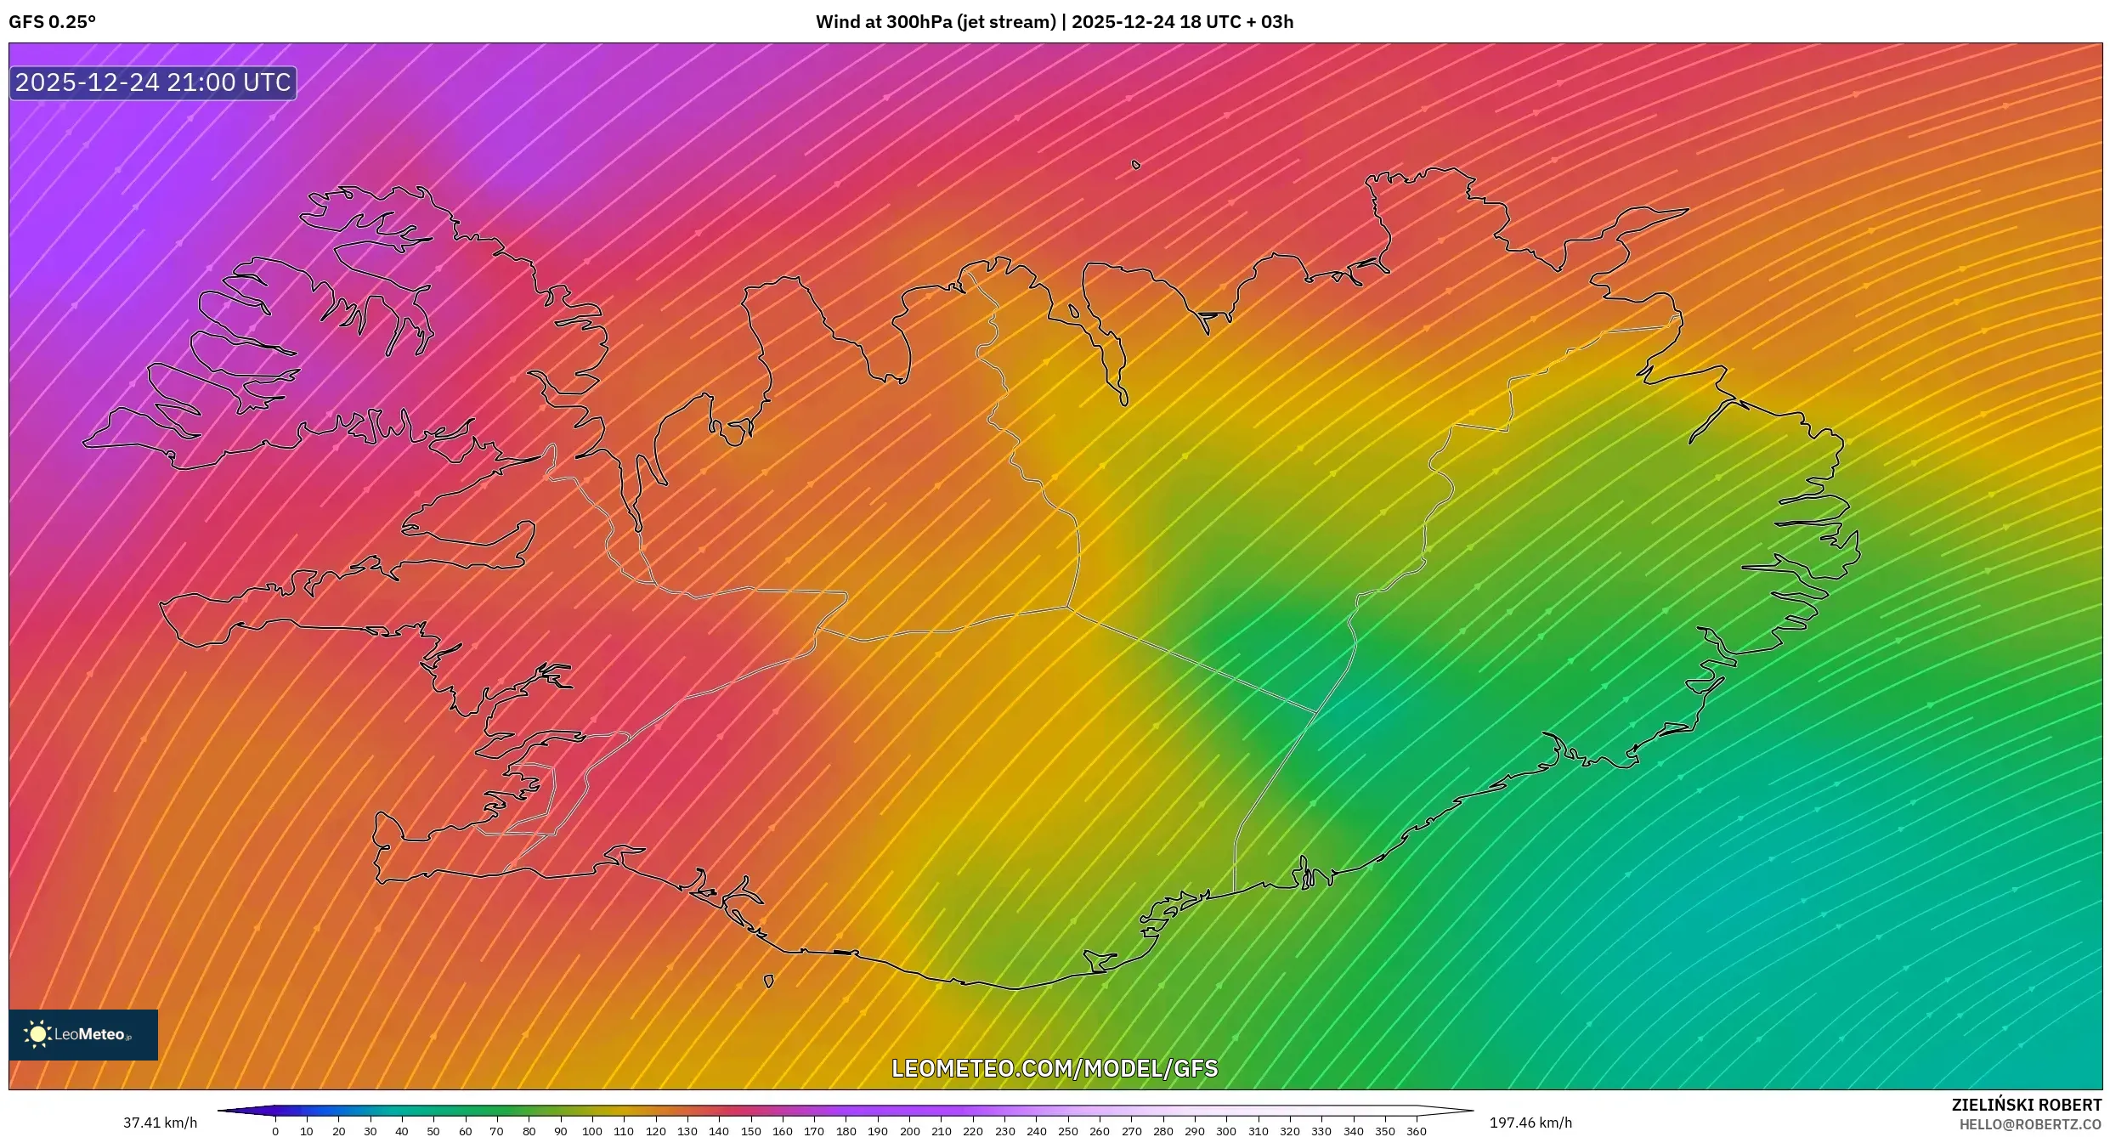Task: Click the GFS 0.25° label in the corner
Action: [52, 22]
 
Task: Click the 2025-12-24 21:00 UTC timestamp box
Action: [153, 82]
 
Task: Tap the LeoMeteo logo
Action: [82, 1034]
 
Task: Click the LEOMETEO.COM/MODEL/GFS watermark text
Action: [1055, 1068]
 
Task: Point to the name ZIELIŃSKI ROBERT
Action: [2026, 1105]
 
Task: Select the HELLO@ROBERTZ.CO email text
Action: [2030, 1124]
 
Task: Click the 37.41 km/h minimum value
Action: [160, 1123]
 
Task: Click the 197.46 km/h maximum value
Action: [1530, 1123]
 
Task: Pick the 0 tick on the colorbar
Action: [275, 1131]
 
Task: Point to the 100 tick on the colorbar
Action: [592, 1131]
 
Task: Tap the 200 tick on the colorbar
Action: [909, 1131]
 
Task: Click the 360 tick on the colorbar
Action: [1417, 1131]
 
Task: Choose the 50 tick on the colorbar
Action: [433, 1131]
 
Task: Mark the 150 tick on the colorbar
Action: [750, 1131]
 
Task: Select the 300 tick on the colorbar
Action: [1226, 1131]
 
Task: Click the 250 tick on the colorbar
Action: [1067, 1131]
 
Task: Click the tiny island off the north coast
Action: [1136, 165]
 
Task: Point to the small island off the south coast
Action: [769, 981]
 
